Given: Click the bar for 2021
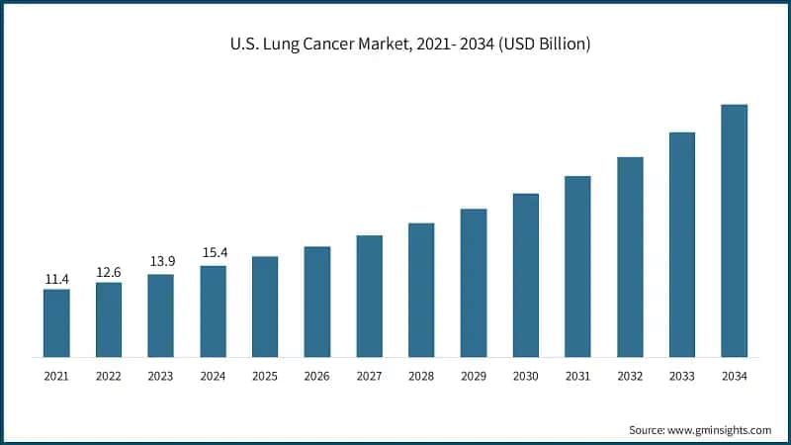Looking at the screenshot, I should point(56,322).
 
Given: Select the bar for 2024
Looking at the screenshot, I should point(213,311).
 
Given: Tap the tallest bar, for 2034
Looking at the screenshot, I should point(734,230).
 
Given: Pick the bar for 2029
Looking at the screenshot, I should point(474,283).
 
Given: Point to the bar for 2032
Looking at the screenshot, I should point(630,256).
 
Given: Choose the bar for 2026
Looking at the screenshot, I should point(317,302).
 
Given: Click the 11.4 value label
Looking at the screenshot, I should point(56,280).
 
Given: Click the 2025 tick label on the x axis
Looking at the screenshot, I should point(265,376).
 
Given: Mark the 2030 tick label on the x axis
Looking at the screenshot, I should point(526,376).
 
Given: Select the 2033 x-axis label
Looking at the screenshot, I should point(682,376).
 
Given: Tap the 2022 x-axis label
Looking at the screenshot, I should point(109,376).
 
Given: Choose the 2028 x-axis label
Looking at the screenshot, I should point(421,376).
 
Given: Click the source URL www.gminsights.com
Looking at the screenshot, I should point(721,430).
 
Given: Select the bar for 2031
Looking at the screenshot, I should point(577,266).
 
